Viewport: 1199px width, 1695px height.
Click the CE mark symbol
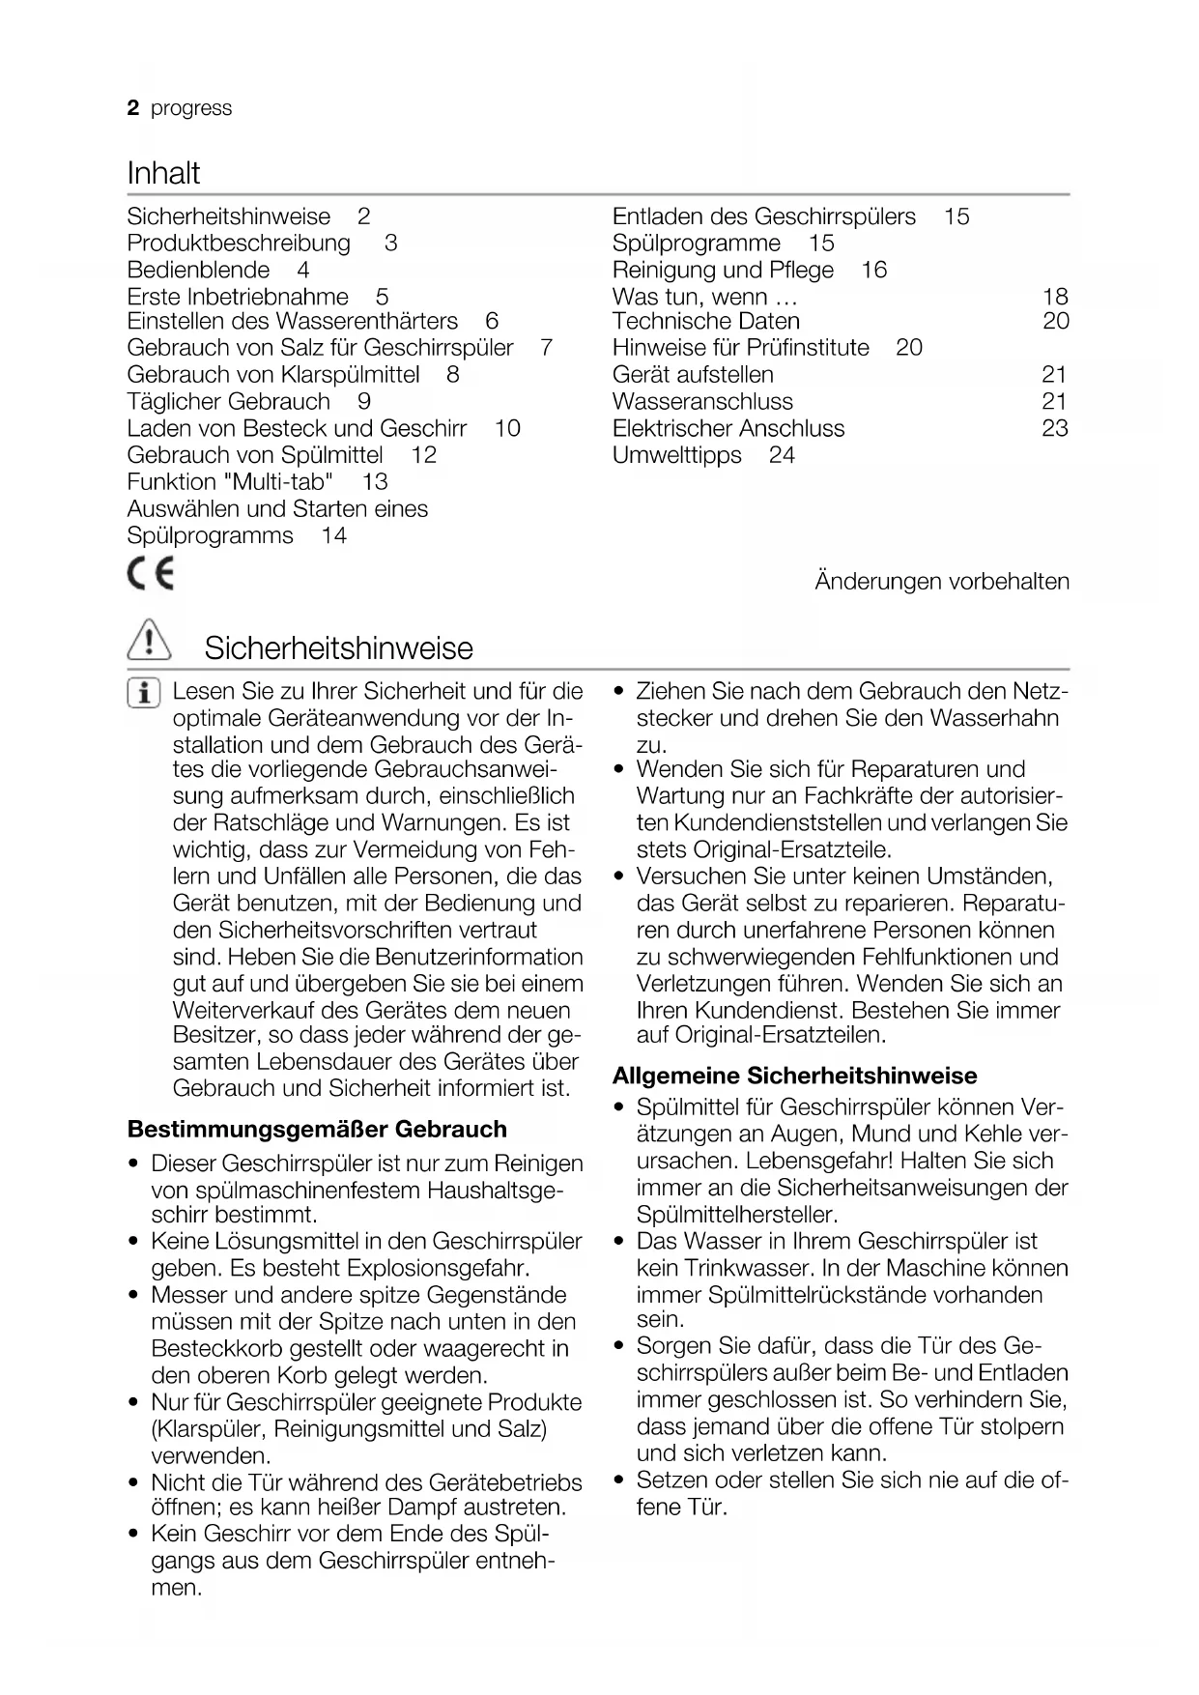[151, 576]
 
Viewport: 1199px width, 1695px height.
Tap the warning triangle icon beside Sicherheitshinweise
[149, 643]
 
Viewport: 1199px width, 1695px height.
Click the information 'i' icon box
[144, 694]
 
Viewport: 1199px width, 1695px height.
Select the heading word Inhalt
[163, 174]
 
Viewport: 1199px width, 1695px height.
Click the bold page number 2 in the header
[133, 108]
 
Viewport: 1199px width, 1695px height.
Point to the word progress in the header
[191, 108]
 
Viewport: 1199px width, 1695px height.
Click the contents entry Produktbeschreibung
[239, 243]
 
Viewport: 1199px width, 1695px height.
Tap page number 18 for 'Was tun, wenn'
[1055, 297]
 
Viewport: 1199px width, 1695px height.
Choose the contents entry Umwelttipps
[676, 455]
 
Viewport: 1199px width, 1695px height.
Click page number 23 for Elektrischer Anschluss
[1055, 428]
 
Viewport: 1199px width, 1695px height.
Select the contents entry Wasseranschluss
[702, 401]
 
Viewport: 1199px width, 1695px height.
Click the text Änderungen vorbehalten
[942, 582]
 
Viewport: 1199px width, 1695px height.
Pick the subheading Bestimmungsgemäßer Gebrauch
[317, 1130]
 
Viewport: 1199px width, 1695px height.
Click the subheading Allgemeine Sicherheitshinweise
[794, 1076]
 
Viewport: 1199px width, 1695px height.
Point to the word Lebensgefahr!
[818, 1161]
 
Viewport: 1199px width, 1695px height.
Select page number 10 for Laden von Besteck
[507, 428]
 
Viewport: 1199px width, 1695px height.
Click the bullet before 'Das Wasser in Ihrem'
[619, 1242]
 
